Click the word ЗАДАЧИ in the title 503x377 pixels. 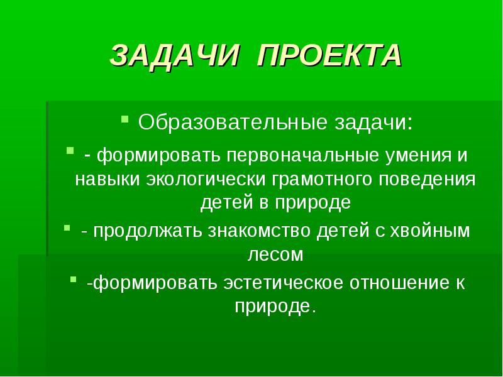(x=175, y=55)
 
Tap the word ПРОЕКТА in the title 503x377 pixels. (x=329, y=55)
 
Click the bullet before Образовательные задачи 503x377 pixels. (x=124, y=119)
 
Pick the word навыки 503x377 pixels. (x=108, y=180)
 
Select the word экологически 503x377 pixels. (x=206, y=180)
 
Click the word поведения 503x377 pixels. (x=427, y=180)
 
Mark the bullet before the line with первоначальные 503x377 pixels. (x=70, y=150)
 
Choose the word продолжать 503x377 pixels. (x=148, y=231)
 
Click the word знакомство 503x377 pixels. (x=259, y=231)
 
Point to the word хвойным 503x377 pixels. (x=429, y=231)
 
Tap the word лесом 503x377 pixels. (x=275, y=255)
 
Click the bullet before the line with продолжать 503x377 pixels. (x=67, y=228)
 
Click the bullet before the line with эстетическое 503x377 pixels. (x=74, y=280)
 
